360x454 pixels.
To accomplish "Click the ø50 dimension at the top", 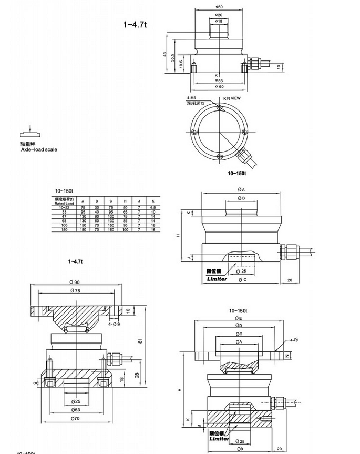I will (219, 6).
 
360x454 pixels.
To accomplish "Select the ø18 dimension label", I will (219, 21).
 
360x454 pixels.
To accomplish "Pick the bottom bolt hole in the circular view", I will (219, 157).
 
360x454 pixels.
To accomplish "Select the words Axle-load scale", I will (39, 149).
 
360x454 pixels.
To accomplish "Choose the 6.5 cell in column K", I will (152, 208).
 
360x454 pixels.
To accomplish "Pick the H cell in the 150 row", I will (125, 229).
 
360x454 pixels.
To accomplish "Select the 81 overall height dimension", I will (140, 340).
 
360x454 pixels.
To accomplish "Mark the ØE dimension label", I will (239, 319).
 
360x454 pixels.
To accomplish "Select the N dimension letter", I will (287, 356).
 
